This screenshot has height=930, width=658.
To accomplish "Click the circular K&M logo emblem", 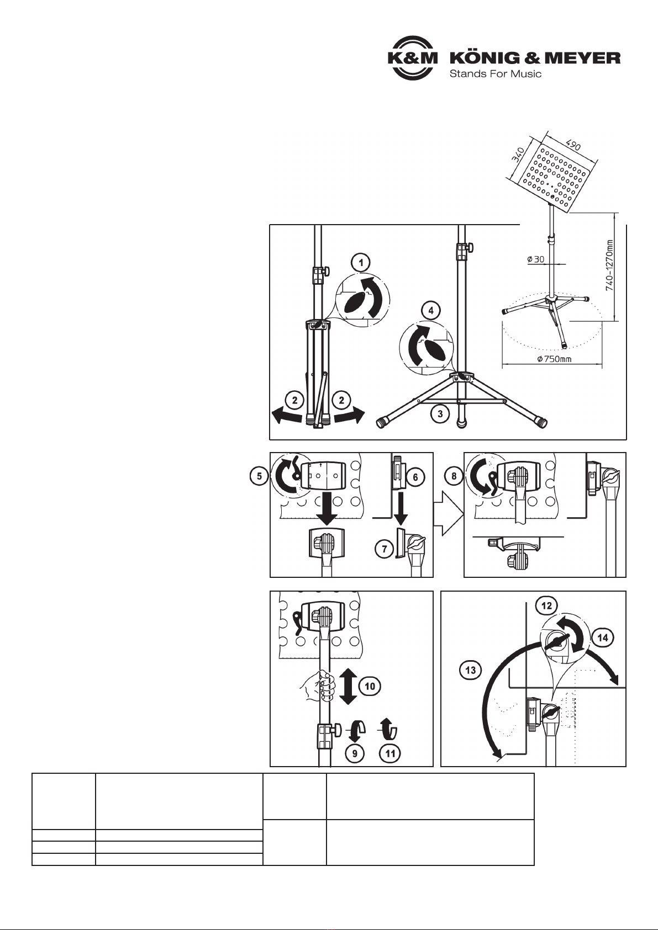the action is (x=413, y=58).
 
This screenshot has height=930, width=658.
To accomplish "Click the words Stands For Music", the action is (x=496, y=74).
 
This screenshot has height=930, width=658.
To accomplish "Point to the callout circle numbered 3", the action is (x=440, y=413).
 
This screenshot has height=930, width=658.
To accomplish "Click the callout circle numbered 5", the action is (x=259, y=476).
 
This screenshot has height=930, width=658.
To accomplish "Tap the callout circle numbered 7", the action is (x=385, y=549).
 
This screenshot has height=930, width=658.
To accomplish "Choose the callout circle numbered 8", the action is (x=454, y=476).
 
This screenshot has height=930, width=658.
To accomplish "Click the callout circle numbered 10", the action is (x=370, y=686).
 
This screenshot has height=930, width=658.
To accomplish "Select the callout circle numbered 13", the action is (x=471, y=669).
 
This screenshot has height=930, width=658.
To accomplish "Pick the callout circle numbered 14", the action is (x=602, y=637).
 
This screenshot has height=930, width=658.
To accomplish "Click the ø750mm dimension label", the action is (x=554, y=359).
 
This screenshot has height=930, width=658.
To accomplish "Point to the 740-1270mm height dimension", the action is (x=610, y=265).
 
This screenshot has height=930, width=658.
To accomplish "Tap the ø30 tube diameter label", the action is (x=535, y=259).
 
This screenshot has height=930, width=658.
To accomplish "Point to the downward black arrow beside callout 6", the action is (x=401, y=508).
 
